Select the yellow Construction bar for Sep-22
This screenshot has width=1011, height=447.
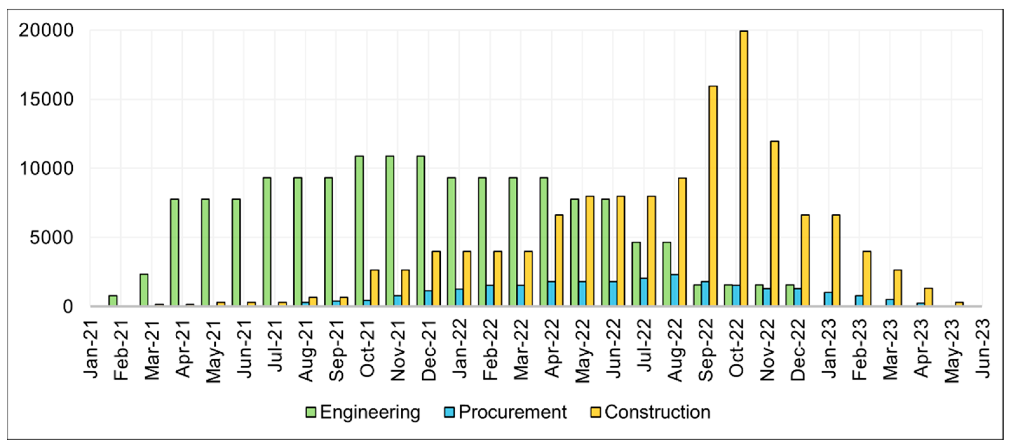pos(713,196)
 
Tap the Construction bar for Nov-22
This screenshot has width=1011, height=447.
pos(774,223)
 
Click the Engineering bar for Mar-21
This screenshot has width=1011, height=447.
pos(144,290)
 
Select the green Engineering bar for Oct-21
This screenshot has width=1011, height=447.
pos(359,231)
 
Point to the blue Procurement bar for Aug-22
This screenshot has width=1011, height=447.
pos(674,290)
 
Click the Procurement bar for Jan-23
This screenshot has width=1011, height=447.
pos(828,299)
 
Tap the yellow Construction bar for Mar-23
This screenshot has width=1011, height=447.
pos(898,288)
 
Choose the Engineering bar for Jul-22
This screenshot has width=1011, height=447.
pos(636,275)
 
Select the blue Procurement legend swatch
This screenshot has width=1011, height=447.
pos(449,412)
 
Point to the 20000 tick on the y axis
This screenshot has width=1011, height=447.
pos(46,30)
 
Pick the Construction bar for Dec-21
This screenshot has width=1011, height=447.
pos(436,279)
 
